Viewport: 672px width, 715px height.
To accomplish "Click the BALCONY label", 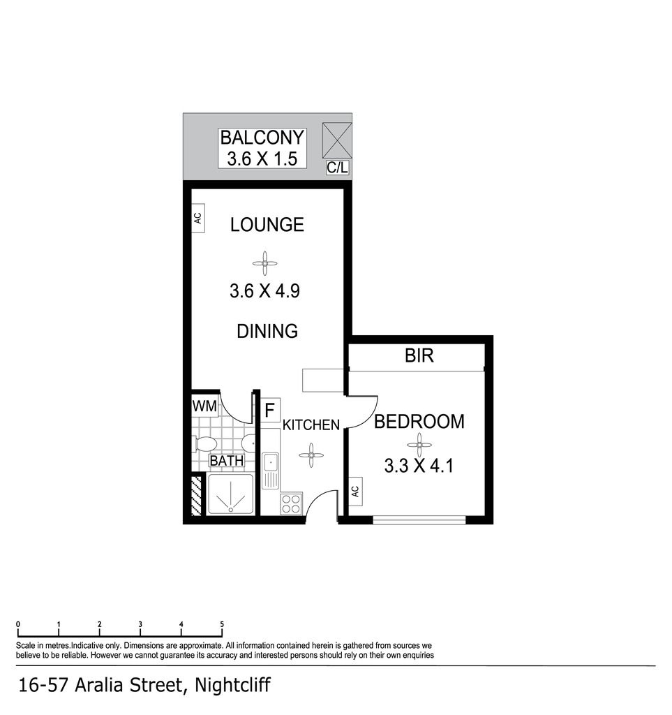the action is pyautogui.click(x=262, y=138).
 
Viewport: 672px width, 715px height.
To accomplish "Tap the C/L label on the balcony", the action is pyautogui.click(x=337, y=168).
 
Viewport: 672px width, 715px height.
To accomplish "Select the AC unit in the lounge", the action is pyautogui.click(x=197, y=219).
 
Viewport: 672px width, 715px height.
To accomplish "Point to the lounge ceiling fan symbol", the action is pyautogui.click(x=264, y=263).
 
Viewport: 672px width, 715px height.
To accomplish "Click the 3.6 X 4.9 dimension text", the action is pyautogui.click(x=264, y=291).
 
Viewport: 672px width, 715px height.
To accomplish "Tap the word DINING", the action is pyautogui.click(x=267, y=331).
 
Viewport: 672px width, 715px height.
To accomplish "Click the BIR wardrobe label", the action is pyautogui.click(x=419, y=355).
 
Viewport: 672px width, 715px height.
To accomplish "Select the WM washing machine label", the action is pyautogui.click(x=204, y=406).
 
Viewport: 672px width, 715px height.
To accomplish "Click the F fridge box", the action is pyautogui.click(x=270, y=410).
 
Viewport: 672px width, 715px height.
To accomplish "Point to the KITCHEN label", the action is pyautogui.click(x=311, y=425).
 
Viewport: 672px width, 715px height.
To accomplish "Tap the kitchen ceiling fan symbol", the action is pyautogui.click(x=311, y=455).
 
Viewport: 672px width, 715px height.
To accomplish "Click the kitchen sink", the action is pyautogui.click(x=270, y=471).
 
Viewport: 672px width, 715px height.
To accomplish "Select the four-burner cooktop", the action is pyautogui.click(x=291, y=504).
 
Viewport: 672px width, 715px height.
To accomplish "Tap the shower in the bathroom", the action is pyautogui.click(x=230, y=495).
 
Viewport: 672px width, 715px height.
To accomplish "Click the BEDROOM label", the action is pyautogui.click(x=419, y=422).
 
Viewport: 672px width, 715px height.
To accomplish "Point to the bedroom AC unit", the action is pyautogui.click(x=355, y=492).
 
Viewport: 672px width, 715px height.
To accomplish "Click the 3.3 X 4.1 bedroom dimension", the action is pyautogui.click(x=419, y=466).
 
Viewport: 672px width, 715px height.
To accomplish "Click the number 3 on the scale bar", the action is pyautogui.click(x=140, y=624).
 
